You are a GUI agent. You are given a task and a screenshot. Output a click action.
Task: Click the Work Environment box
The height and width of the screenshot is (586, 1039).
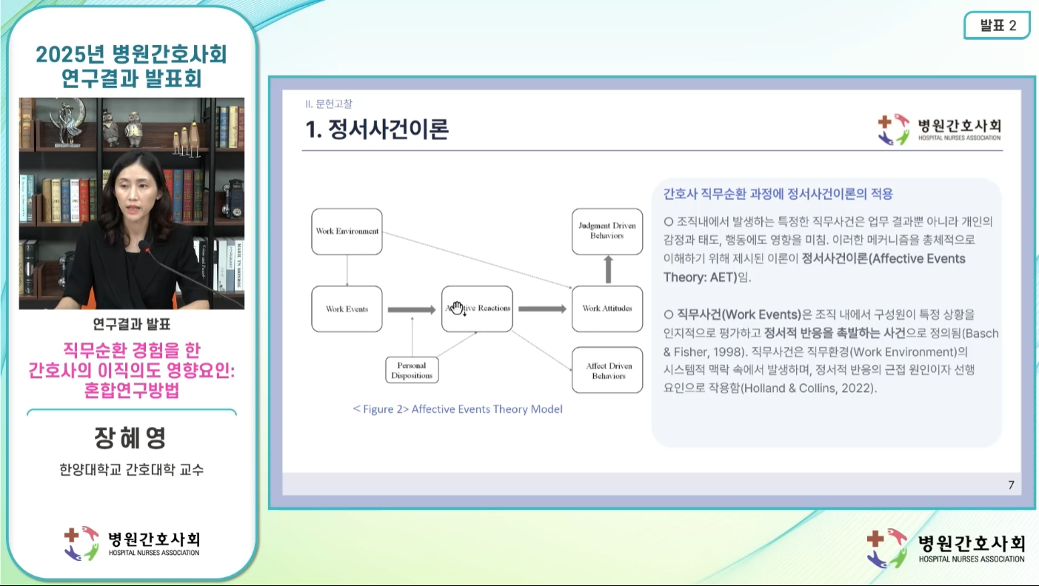tap(347, 232)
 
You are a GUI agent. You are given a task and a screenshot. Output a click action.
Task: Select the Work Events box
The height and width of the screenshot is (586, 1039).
tap(347, 309)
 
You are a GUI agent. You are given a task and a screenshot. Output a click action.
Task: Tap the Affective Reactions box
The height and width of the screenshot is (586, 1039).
tap(478, 309)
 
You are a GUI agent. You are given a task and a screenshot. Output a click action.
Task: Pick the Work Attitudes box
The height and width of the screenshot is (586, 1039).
tap(607, 309)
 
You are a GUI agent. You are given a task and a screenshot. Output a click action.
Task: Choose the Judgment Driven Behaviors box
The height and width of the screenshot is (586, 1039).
tap(607, 232)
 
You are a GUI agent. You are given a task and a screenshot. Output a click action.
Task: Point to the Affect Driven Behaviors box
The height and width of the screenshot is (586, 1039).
tap(607, 371)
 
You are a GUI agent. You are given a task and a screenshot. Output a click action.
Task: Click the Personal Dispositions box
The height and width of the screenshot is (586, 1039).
tap(412, 370)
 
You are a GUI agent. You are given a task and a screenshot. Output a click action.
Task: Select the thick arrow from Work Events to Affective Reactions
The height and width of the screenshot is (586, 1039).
tap(412, 309)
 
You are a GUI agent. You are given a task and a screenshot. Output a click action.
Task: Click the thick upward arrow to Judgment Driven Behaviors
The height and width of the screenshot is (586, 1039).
tap(608, 269)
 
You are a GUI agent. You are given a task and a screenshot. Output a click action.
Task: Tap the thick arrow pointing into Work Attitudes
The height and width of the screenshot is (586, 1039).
tap(542, 309)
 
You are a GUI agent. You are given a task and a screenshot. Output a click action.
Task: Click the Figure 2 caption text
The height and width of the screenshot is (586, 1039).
tap(458, 409)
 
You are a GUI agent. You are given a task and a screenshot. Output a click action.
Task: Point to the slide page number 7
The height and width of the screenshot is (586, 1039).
tap(1011, 485)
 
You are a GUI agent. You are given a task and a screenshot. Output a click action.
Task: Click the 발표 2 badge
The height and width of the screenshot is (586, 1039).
tap(998, 25)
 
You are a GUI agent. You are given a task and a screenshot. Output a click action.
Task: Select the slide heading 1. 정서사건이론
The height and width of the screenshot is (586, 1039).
tap(377, 129)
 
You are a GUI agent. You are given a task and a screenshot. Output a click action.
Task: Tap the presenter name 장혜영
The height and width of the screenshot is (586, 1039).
tap(130, 437)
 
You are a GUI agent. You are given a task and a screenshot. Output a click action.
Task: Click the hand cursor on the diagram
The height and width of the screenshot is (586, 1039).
tap(458, 308)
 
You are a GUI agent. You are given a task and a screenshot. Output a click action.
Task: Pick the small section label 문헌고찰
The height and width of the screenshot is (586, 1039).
tap(334, 104)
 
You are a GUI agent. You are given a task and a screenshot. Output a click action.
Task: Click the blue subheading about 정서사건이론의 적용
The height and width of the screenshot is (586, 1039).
tap(778, 194)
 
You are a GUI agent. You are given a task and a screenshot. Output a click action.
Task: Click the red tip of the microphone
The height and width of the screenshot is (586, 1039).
tap(148, 250)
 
